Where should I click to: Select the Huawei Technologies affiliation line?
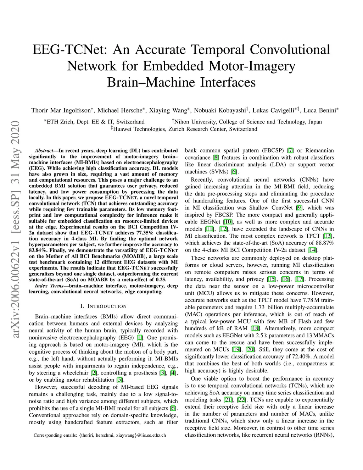pyautogui.click(x=184, y=129)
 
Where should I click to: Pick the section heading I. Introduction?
pyautogui.click(x=104, y=306)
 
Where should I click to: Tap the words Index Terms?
pyautogui.click(x=48, y=286)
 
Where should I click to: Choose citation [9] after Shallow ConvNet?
pyautogui.click(x=299, y=208)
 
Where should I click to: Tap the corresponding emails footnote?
pyautogui.click(x=100, y=435)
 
